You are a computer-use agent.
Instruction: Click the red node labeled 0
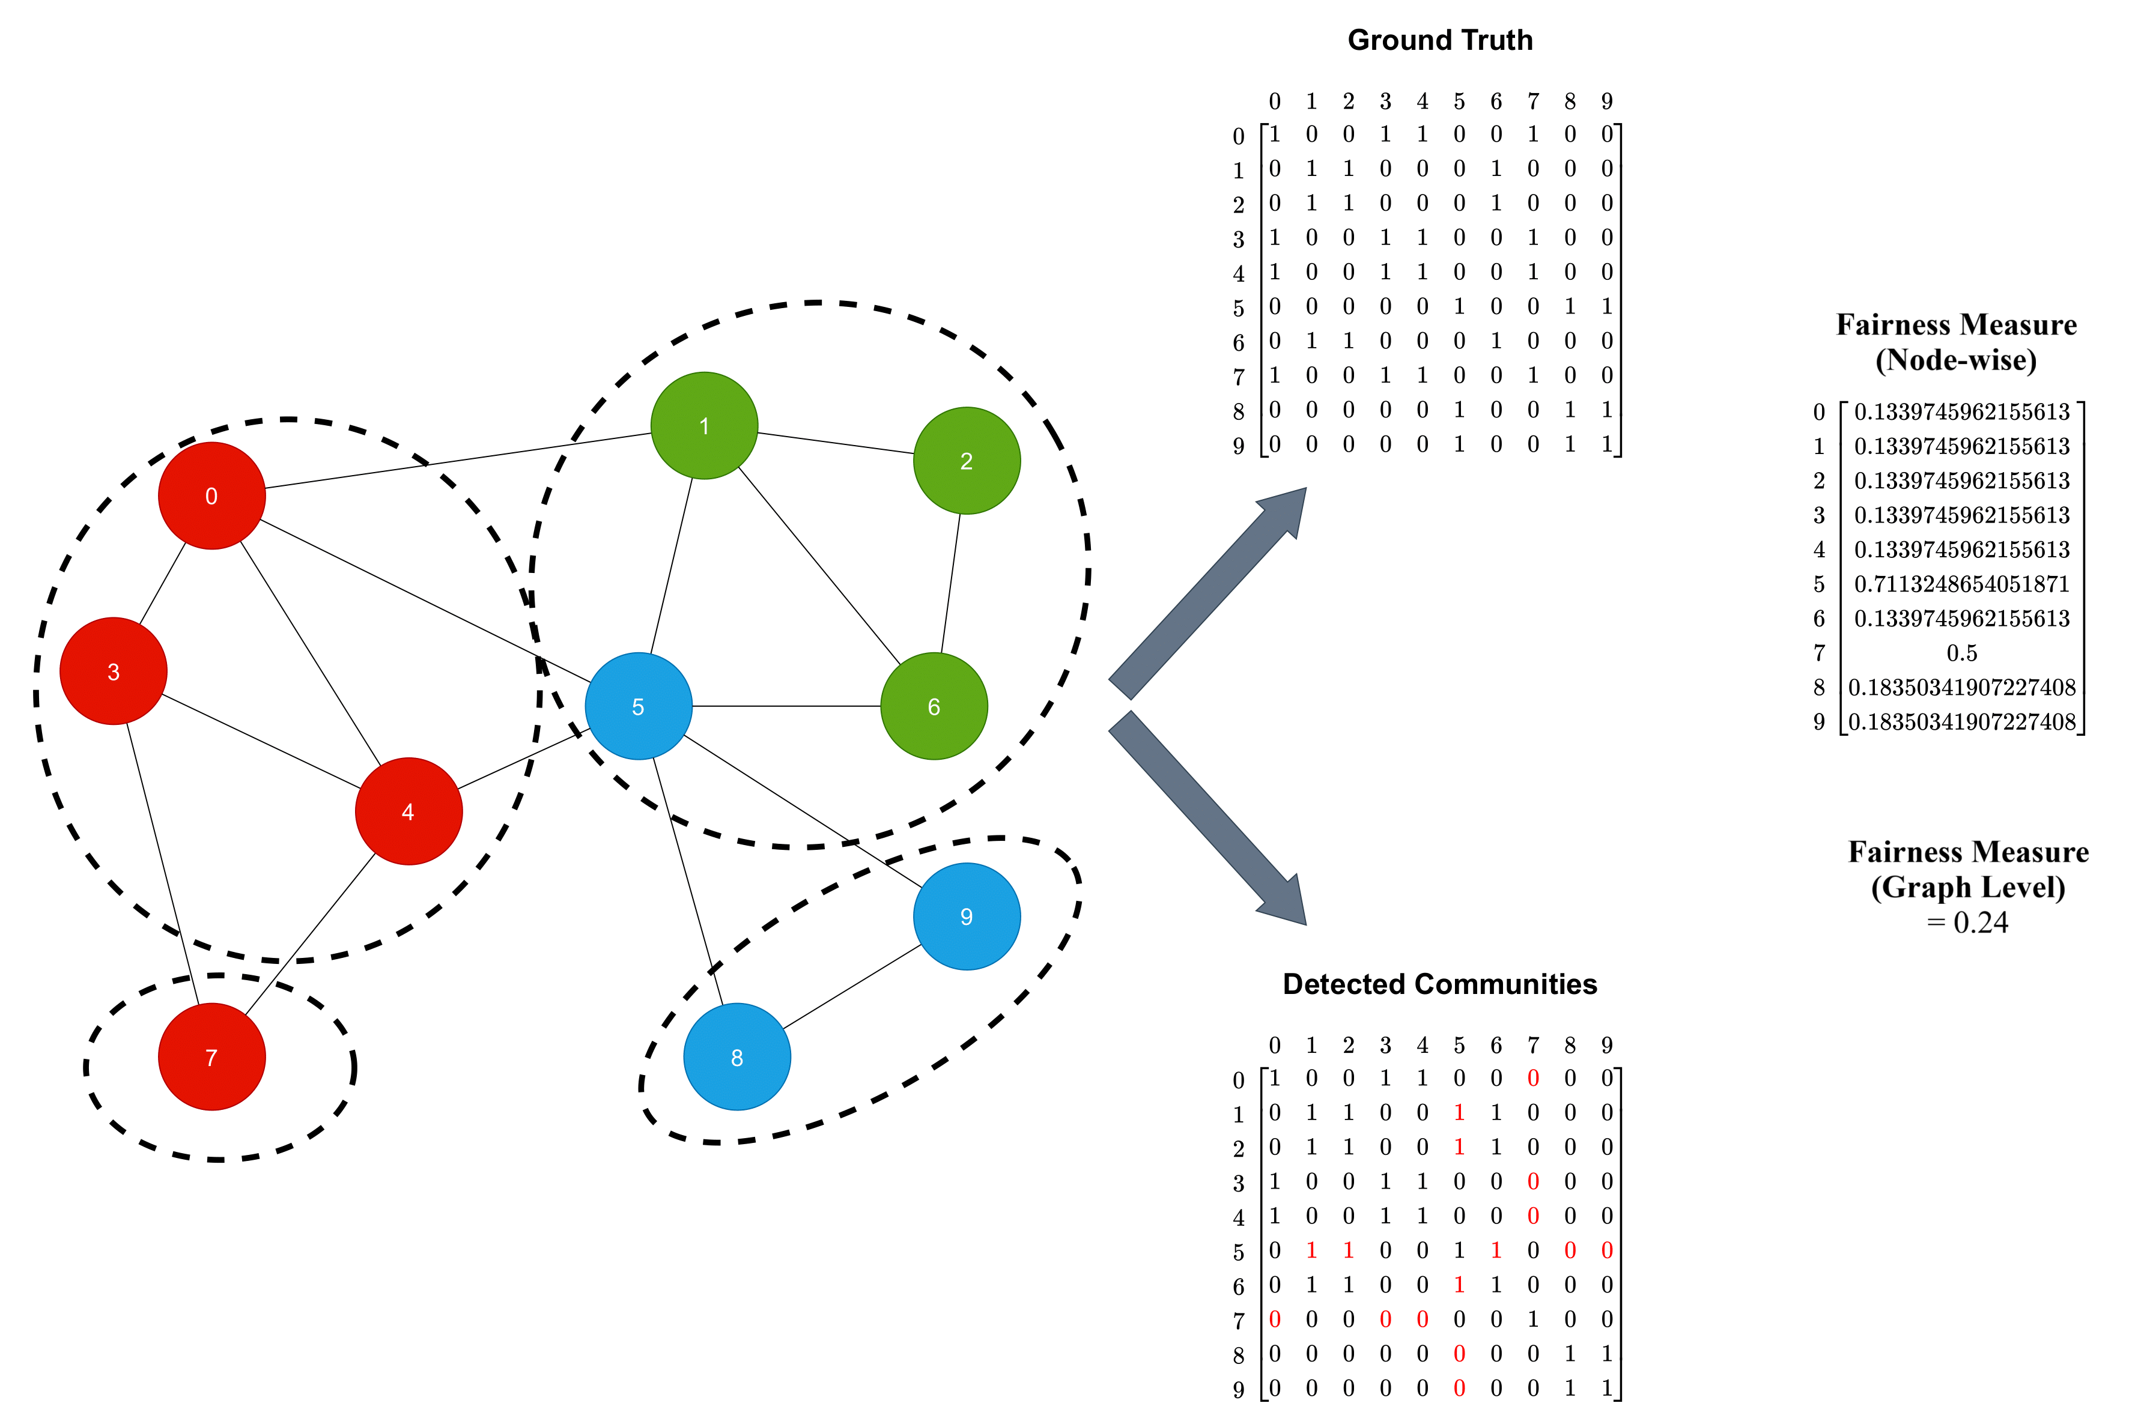click(x=211, y=495)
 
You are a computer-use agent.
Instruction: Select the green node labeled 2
click(x=966, y=461)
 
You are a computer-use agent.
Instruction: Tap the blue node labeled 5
click(x=638, y=706)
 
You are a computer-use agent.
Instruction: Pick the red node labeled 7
click(x=211, y=1056)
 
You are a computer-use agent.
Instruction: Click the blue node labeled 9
click(x=966, y=917)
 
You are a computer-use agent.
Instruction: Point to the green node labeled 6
click(x=934, y=706)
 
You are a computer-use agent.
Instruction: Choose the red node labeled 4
click(x=408, y=811)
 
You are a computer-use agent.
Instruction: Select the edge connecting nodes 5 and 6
click(x=786, y=706)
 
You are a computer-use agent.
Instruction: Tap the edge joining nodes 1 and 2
click(x=834, y=443)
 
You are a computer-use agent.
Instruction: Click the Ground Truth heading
click(x=1439, y=40)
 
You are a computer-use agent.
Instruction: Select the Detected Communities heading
click(x=1439, y=984)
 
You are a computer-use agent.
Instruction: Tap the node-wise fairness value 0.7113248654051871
click(x=1961, y=584)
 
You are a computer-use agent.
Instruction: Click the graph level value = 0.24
click(x=1967, y=923)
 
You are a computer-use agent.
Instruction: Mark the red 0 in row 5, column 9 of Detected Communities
click(x=1607, y=1250)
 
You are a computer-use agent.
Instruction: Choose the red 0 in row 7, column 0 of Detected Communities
click(x=1274, y=1319)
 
